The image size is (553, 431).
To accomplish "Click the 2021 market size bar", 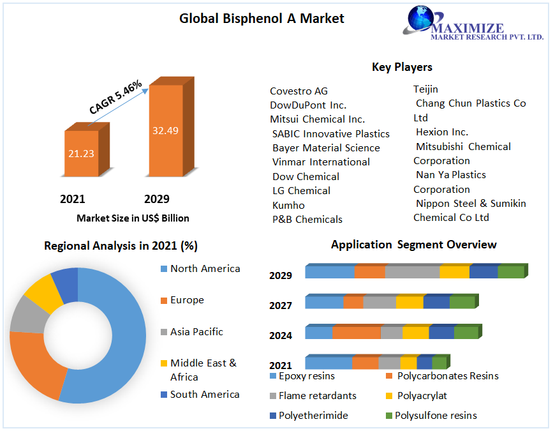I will click(x=81, y=153).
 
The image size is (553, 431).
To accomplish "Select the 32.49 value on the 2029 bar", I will click(x=165, y=131).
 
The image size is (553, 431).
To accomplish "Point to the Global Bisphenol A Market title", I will click(x=262, y=19).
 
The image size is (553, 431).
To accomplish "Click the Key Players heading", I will click(x=402, y=67).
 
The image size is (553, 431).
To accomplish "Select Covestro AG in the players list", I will click(x=299, y=91).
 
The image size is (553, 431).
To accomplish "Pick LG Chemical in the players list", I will click(x=301, y=191).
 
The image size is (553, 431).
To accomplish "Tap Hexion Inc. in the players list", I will click(x=442, y=132).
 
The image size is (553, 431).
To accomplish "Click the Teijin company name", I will click(x=425, y=89).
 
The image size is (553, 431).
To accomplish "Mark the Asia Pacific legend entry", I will click(x=196, y=332).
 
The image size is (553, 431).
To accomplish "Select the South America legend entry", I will click(x=204, y=395).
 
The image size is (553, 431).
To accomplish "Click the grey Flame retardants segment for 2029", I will click(x=412, y=272).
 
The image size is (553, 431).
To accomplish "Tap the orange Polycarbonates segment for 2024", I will click(x=357, y=333).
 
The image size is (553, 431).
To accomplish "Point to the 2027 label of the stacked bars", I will click(x=281, y=306).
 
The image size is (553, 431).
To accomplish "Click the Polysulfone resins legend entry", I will click(x=435, y=416).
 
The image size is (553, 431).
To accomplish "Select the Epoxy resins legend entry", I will click(x=306, y=376).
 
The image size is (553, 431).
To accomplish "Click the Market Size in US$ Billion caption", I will click(x=133, y=218).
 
